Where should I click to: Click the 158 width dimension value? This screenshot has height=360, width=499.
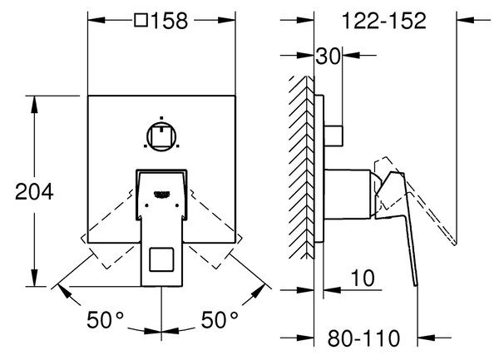(170, 21)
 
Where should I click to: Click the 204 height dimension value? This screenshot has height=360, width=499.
(34, 192)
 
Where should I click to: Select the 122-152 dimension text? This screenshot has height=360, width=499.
(383, 21)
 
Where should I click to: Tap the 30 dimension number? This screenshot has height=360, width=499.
(328, 57)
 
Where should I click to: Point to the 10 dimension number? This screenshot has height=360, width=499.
(363, 278)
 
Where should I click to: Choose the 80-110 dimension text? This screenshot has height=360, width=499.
(363, 338)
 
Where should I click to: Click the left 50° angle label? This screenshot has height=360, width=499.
(105, 319)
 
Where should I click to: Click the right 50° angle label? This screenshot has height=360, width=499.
(220, 319)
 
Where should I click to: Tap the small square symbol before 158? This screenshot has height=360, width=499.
(141, 20)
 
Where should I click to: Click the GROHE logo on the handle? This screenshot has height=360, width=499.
(162, 194)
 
